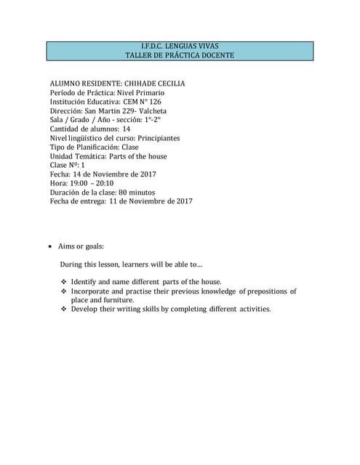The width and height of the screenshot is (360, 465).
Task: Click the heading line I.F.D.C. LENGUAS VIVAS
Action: (180, 46)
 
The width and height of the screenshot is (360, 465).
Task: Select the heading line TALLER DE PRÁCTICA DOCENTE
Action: (180, 56)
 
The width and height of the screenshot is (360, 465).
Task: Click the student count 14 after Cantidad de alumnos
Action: (127, 129)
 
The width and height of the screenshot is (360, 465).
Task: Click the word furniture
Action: (119, 300)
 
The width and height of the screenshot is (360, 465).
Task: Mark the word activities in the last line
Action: (249, 310)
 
